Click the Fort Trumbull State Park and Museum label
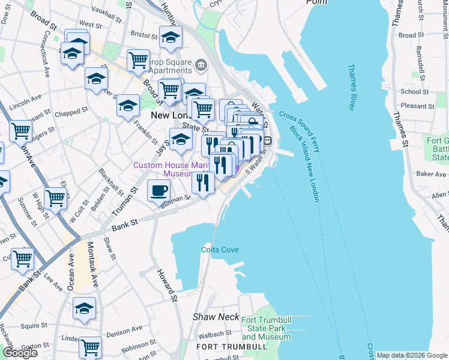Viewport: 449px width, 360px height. pyautogui.click(x=266, y=328)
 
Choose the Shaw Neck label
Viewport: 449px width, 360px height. pyautogui.click(x=215, y=317)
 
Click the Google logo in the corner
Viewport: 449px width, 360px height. pyautogui.click(x=20, y=353)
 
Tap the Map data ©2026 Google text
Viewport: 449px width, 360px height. pyautogui.click(x=412, y=355)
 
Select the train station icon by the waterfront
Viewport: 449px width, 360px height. pyautogui.click(x=268, y=140)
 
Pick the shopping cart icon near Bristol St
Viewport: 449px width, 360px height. pyautogui.click(x=139, y=59)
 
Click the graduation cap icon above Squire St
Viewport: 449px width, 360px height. pyautogui.click(x=85, y=308)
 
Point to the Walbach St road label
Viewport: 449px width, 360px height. pyautogui.click(x=215, y=333)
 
